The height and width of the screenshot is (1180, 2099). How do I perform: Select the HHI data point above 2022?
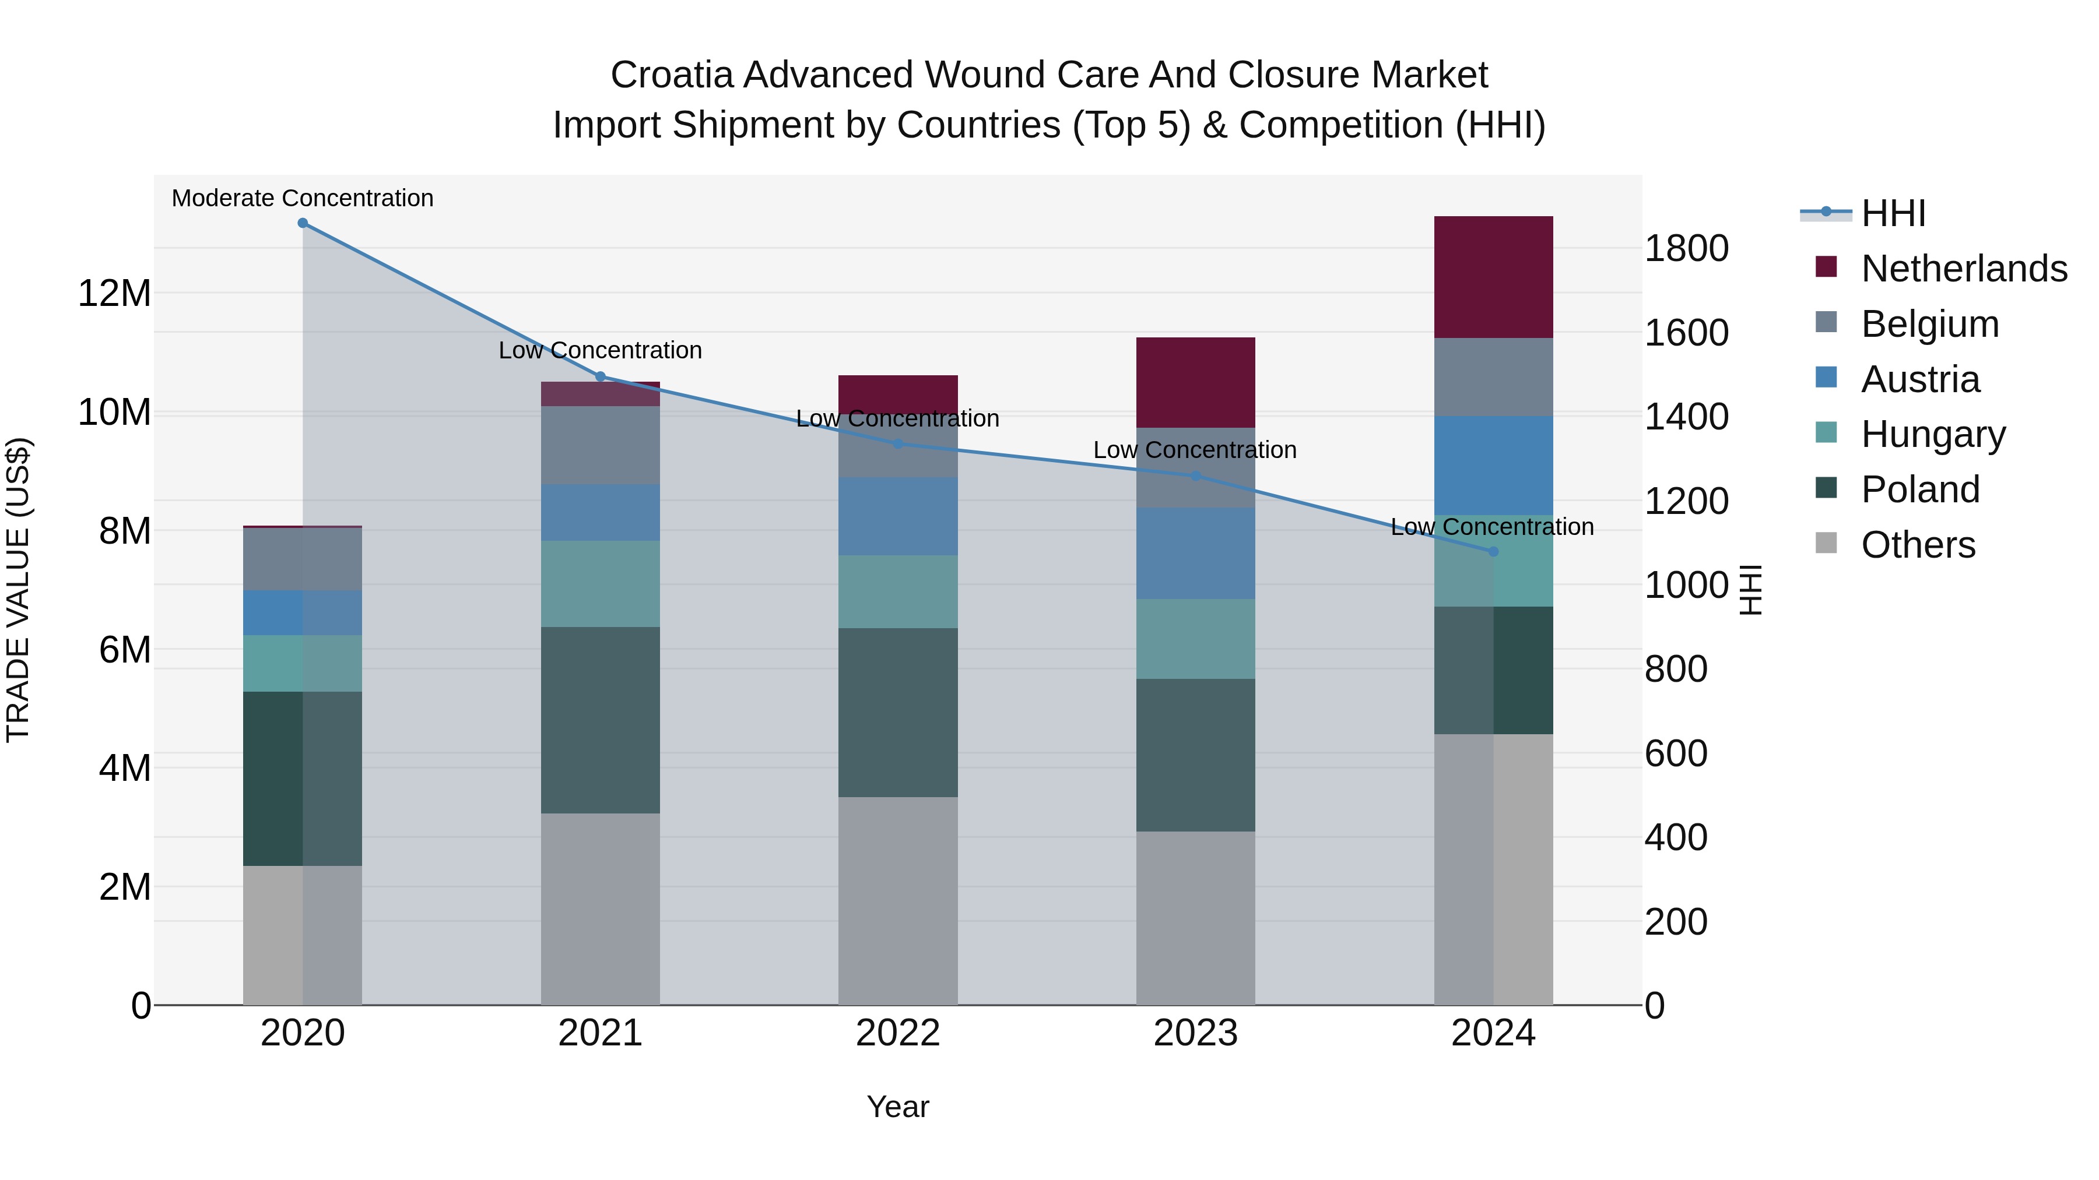[x=898, y=444]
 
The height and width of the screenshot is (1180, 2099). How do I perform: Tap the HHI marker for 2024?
[x=1494, y=551]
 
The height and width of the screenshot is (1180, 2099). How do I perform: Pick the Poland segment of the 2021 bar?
[x=601, y=720]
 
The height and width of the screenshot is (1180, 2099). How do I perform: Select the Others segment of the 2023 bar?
[x=1195, y=918]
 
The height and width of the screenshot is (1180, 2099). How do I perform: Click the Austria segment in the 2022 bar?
[x=898, y=516]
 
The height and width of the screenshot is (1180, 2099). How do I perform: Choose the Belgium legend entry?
[x=1929, y=324]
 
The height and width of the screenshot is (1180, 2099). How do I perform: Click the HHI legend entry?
[x=1892, y=213]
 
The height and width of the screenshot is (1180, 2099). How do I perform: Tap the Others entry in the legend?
[x=1917, y=545]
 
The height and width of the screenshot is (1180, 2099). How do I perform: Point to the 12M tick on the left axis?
[x=114, y=293]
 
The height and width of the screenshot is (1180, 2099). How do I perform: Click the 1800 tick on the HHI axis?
[x=1686, y=248]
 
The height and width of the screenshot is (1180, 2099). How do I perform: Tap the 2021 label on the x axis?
[x=601, y=1033]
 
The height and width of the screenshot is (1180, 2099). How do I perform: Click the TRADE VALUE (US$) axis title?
[x=18, y=590]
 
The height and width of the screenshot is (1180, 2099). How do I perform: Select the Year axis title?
[x=898, y=1107]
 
